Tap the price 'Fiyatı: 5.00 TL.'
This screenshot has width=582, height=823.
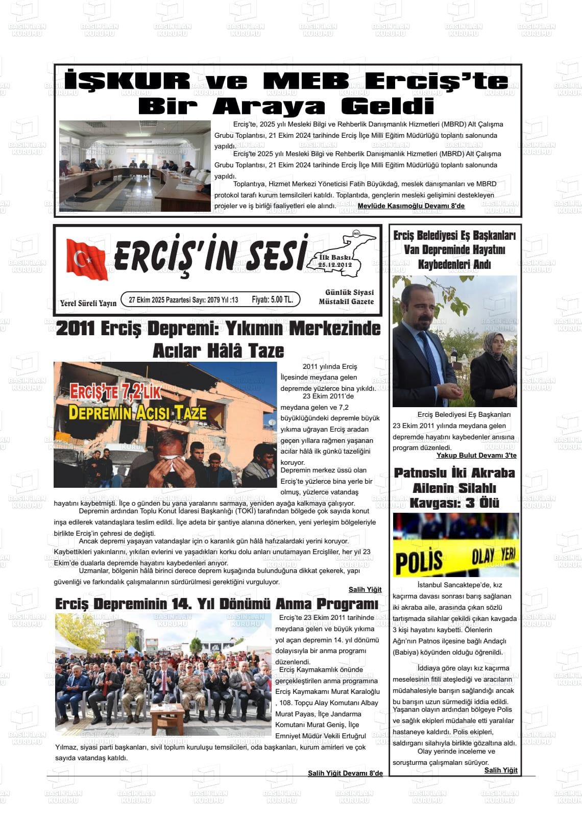pos(272,300)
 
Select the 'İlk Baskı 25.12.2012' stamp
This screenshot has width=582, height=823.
pos(335,261)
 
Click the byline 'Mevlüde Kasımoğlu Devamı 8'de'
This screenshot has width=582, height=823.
pos(411,206)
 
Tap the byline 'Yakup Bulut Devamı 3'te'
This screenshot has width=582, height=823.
pos(476,455)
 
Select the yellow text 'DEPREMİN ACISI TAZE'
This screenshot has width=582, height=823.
pos(137,412)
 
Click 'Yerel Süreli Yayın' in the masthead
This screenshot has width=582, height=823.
pos(88,303)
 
